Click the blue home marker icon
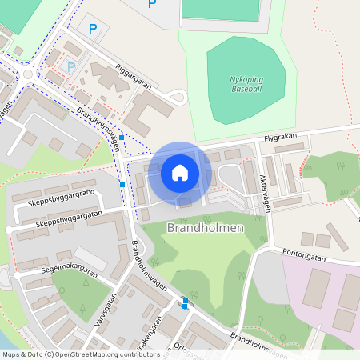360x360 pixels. (179, 171)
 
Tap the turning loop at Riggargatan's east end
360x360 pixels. (178, 98)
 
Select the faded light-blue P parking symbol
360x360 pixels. (71, 68)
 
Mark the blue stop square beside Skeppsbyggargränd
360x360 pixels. (122, 185)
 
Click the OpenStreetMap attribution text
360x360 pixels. (81, 354)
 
